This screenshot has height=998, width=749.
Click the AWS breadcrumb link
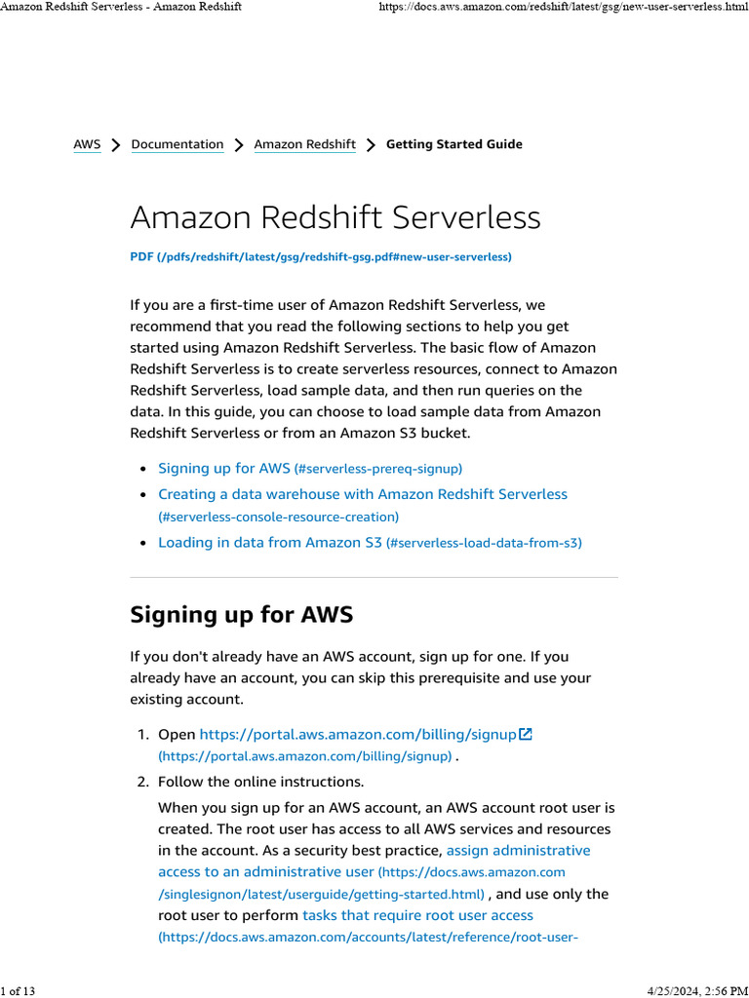pos(87,144)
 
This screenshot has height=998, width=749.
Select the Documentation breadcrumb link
pos(177,144)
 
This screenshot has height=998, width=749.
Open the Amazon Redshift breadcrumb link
pos(304,144)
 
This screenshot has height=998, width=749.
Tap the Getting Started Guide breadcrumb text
pos(454,144)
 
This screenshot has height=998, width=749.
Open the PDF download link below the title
pos(321,256)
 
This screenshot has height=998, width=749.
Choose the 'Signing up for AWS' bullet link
pos(223,468)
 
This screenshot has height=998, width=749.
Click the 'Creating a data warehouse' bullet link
pos(362,494)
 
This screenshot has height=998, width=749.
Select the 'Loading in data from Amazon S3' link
pos(270,542)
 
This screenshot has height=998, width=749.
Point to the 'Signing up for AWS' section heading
pos(241,614)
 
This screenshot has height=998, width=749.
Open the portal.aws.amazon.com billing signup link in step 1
pos(357,734)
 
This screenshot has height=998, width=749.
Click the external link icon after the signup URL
pos(526,734)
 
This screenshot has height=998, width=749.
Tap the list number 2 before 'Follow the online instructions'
pos(142,782)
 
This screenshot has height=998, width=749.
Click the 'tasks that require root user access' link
pos(417,915)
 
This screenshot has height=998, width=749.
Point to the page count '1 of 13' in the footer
pos(18,991)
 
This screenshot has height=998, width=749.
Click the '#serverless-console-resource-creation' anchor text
pos(278,517)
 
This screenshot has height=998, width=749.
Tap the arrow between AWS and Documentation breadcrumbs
pos(116,145)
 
